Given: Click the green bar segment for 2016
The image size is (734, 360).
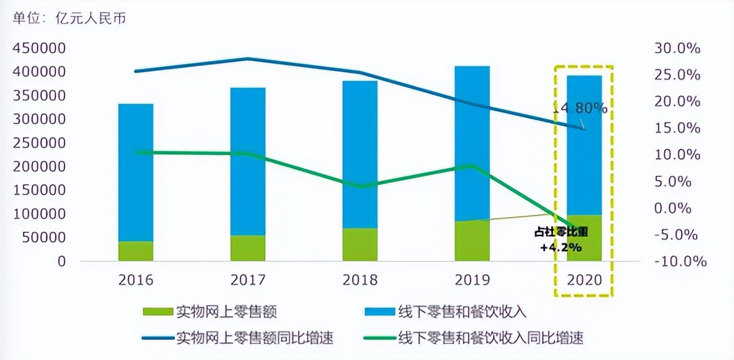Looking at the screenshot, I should click(x=136, y=251).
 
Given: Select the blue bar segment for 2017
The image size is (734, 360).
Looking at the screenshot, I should click(x=248, y=161).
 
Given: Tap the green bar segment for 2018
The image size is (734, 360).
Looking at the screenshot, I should click(x=360, y=245).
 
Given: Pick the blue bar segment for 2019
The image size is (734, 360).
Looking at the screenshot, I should click(x=473, y=143).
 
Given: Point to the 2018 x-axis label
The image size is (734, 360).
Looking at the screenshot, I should click(x=360, y=280).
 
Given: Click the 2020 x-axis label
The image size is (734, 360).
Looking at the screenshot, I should click(x=584, y=280).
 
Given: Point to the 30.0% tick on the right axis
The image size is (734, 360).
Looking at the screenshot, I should click(x=677, y=49).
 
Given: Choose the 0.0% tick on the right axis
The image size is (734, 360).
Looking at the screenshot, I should click(x=680, y=208).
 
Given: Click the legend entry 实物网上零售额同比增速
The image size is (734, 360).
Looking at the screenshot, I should click(x=256, y=338).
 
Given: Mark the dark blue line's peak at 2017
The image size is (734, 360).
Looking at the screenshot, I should click(x=248, y=58).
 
